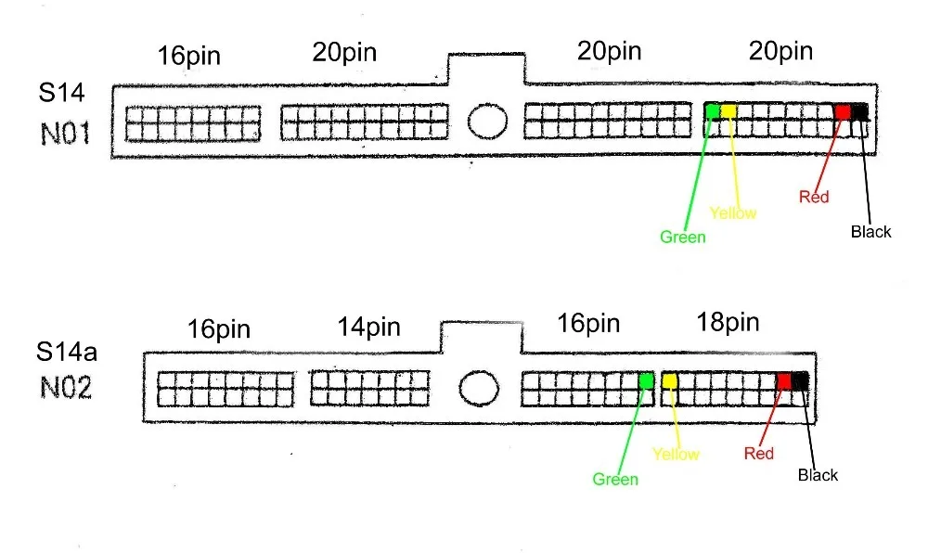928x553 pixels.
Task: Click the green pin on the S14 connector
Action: tap(713, 110)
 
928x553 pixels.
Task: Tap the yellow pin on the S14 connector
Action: tap(728, 110)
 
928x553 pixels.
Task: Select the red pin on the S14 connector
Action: tap(843, 111)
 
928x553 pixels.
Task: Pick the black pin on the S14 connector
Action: tap(860, 111)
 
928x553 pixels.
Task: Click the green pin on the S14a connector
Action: tap(646, 380)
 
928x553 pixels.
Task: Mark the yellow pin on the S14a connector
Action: tap(669, 380)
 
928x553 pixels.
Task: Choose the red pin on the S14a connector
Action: tap(784, 381)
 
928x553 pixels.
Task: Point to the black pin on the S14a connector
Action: tap(800, 381)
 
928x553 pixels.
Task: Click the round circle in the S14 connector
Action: tap(487, 122)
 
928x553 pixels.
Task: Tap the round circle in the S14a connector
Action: tap(479, 388)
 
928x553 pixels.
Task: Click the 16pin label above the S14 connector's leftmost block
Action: tap(188, 57)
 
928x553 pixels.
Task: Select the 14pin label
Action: tap(368, 328)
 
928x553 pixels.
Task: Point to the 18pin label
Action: tap(728, 322)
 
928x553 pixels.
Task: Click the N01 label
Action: tap(65, 134)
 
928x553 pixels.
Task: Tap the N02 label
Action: tap(66, 388)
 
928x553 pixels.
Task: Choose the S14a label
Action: tap(66, 352)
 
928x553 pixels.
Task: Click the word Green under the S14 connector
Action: tap(682, 238)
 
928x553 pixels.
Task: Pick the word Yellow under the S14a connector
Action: tap(676, 455)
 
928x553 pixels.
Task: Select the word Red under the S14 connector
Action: tap(814, 197)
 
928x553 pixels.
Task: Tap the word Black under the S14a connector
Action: tap(818, 475)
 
